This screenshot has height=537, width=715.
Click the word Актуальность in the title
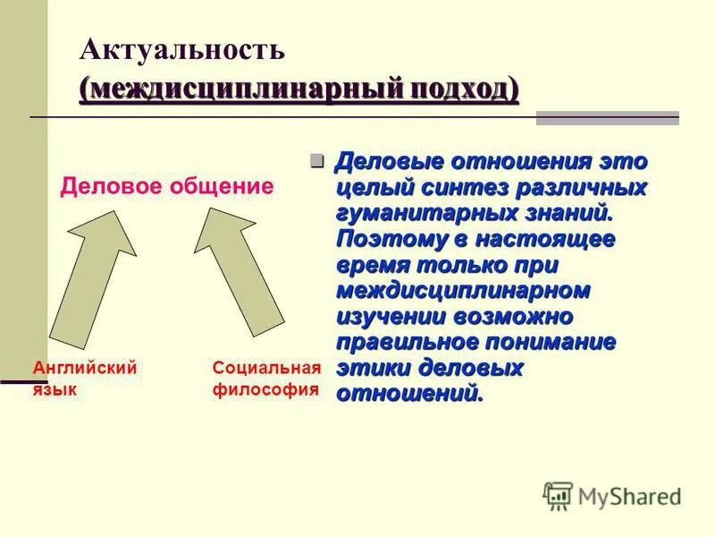tap(182, 50)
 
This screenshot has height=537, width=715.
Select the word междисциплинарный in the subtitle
tap(235, 89)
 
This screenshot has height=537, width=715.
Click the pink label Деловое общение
tap(167, 187)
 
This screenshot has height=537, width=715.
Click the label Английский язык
tap(84, 378)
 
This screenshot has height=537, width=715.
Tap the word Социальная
tap(265, 367)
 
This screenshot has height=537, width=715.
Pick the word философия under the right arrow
tap(265, 389)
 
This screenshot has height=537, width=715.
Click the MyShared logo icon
tap(558, 496)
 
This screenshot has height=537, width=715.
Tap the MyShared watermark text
tap(629, 497)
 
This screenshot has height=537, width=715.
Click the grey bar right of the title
tap(607, 118)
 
